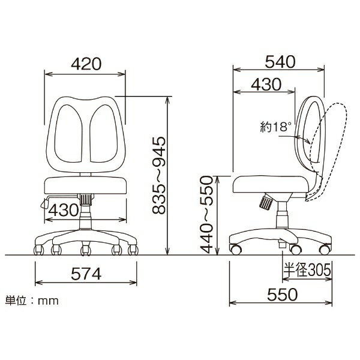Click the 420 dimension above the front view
coord(86,64)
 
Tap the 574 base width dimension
coord(86,274)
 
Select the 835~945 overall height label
coord(159,175)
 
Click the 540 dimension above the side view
coord(280,62)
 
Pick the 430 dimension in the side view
coord(266,84)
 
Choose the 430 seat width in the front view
coord(64,210)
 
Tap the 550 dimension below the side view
coord(283,295)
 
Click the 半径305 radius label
coord(307,269)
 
